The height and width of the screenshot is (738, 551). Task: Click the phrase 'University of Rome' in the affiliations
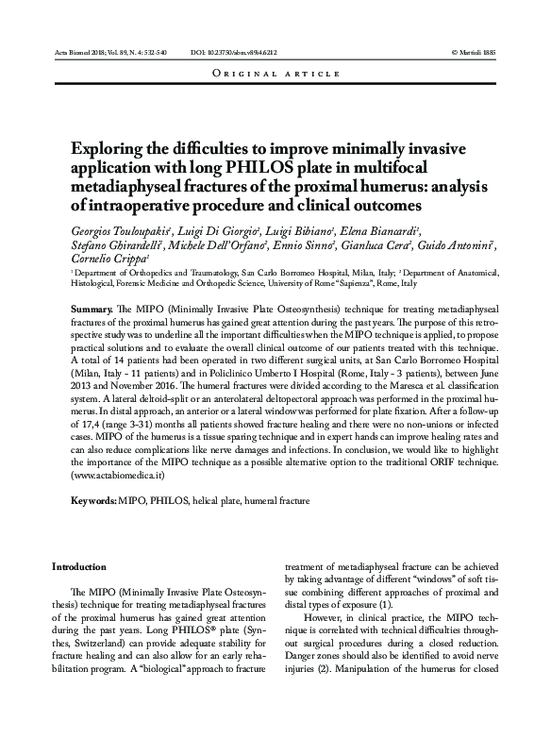(330, 282)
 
